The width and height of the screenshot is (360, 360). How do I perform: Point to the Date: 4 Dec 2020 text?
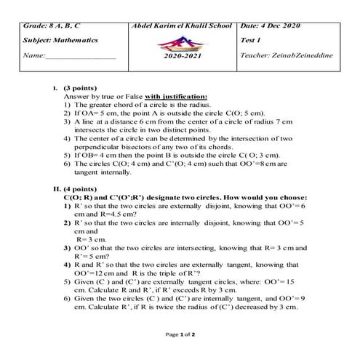click(271, 25)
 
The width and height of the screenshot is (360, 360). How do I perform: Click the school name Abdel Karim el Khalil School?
click(182, 25)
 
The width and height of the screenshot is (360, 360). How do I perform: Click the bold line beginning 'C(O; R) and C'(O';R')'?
click(189, 197)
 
